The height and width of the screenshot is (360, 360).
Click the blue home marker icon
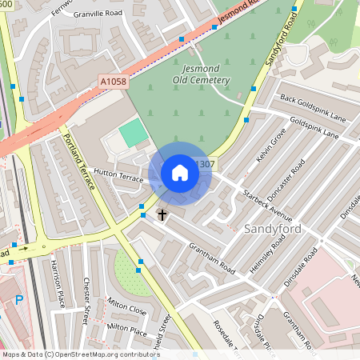coord(180,173)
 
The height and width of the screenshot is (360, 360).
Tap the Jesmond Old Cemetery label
coord(201,75)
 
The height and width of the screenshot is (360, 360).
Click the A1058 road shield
coord(114,82)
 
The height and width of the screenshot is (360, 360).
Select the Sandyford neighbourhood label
coord(271,230)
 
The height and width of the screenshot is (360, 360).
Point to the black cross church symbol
coord(162,214)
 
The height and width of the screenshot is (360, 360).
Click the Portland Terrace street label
coord(79,161)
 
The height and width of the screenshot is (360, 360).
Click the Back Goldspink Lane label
coord(314,108)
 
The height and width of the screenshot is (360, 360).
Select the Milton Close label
coord(126,309)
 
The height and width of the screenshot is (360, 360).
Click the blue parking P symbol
coord(18,300)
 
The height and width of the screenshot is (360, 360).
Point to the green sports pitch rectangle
coord(134,134)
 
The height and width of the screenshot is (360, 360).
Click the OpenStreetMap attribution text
coord(81,354)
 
